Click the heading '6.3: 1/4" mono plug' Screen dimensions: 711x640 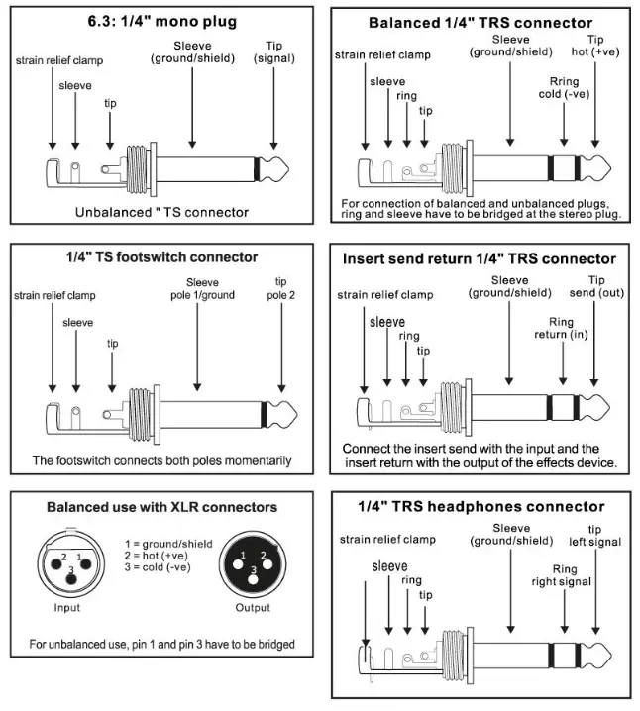(162, 21)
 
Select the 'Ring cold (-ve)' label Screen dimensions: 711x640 (563, 87)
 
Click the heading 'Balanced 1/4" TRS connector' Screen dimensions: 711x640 (480, 22)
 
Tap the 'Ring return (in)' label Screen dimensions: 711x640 (562, 328)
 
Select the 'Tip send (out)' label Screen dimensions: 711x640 (597, 287)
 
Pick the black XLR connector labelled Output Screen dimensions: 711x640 (253, 565)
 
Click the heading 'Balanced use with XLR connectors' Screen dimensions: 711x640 (162, 507)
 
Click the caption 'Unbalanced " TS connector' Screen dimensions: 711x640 (161, 212)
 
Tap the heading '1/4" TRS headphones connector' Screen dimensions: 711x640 (480, 506)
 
